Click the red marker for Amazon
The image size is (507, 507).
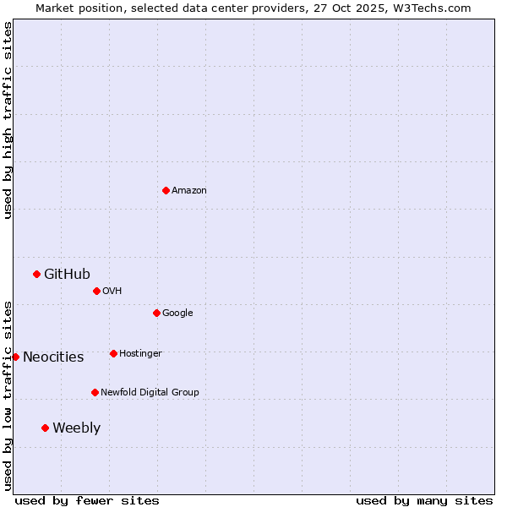click(166, 190)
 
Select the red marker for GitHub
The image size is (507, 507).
click(36, 274)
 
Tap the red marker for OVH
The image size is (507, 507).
click(96, 291)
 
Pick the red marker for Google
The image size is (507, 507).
click(156, 313)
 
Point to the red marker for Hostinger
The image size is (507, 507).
click(113, 353)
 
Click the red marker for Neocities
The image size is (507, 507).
click(15, 357)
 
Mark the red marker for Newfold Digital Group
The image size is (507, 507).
click(95, 392)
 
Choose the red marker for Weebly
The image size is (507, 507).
click(45, 428)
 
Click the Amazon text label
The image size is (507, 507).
click(188, 191)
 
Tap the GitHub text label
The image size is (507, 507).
click(67, 274)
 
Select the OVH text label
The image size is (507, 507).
click(112, 292)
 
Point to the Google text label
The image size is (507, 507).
click(177, 313)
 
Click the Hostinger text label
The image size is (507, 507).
click(140, 354)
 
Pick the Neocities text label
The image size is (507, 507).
click(53, 357)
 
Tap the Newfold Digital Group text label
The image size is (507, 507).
click(150, 393)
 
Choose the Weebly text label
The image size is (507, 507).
click(76, 428)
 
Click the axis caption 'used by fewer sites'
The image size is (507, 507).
click(87, 500)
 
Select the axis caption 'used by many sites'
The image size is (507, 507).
click(424, 500)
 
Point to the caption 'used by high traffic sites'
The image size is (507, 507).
click(8, 120)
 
